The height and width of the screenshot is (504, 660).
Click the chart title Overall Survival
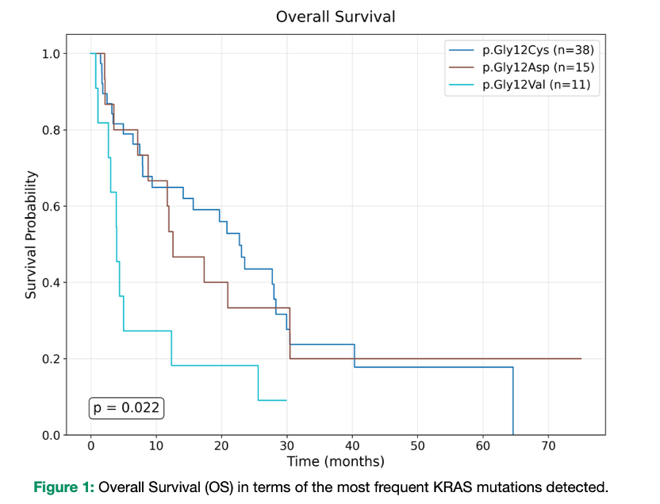pyautogui.click(x=336, y=17)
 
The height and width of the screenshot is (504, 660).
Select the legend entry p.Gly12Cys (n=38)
pyautogui.click(x=539, y=51)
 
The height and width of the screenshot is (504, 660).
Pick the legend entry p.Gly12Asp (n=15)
pyautogui.click(x=539, y=67)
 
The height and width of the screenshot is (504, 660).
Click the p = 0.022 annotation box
pyautogui.click(x=126, y=408)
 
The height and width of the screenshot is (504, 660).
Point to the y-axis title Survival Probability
pyautogui.click(x=31, y=235)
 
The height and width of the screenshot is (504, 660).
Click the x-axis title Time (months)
pyautogui.click(x=336, y=461)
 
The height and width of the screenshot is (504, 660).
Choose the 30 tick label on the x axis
pyautogui.click(x=286, y=446)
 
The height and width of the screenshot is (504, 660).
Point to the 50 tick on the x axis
pyautogui.click(x=418, y=446)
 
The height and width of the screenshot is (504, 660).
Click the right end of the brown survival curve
pyautogui.click(x=581, y=358)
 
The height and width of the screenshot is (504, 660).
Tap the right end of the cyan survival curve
pyautogui.click(x=286, y=400)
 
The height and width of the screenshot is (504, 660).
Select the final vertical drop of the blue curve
pyautogui.click(x=513, y=401)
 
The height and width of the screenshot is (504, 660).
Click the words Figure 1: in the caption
pyautogui.click(x=63, y=487)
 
